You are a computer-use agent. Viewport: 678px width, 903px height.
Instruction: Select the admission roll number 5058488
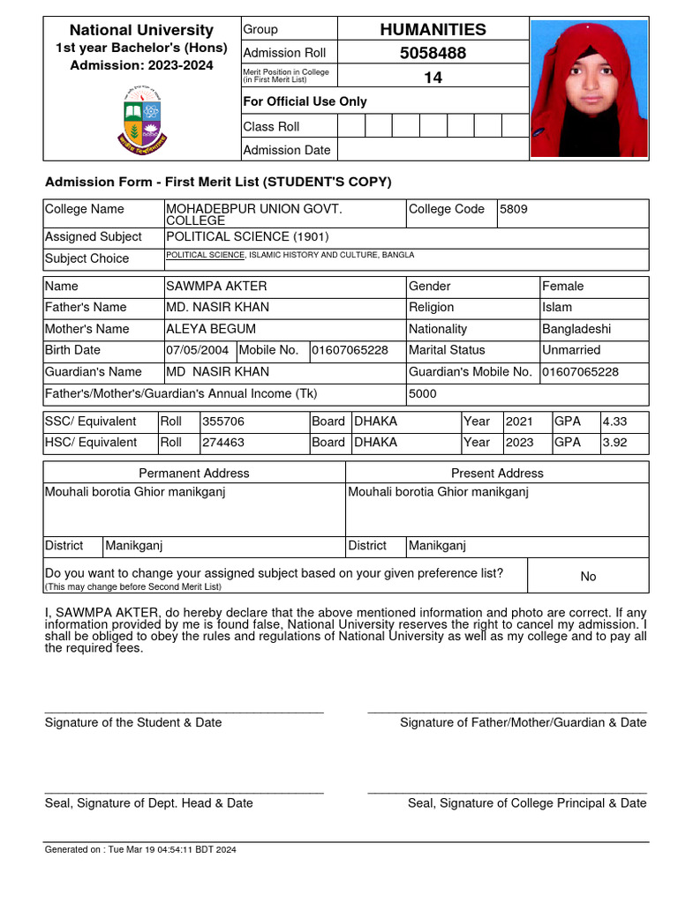pyautogui.click(x=433, y=53)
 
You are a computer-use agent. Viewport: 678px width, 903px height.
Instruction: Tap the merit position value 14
pyautogui.click(x=433, y=78)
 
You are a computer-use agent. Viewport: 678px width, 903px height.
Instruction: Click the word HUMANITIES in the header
pyautogui.click(x=433, y=29)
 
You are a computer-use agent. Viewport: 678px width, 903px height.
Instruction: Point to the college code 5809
pyautogui.click(x=514, y=209)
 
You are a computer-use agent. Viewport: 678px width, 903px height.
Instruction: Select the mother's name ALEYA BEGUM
pyautogui.click(x=211, y=329)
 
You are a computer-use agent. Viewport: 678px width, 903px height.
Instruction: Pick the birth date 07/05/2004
pyautogui.click(x=199, y=350)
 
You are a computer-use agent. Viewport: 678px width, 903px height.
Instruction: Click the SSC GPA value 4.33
pyautogui.click(x=614, y=422)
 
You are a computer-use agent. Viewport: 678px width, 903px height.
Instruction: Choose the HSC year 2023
pyautogui.click(x=519, y=443)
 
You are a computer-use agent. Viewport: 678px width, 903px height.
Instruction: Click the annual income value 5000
pyautogui.click(x=422, y=394)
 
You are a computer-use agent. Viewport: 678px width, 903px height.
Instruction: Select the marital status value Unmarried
pyautogui.click(x=571, y=350)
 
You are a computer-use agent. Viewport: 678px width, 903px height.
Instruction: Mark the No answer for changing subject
pyautogui.click(x=588, y=577)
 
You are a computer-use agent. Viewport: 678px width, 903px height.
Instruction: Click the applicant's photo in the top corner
pyautogui.click(x=589, y=89)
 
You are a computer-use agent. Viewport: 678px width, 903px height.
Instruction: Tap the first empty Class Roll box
pyautogui.click(x=351, y=126)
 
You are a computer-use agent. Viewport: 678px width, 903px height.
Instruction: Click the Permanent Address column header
pyautogui.click(x=194, y=474)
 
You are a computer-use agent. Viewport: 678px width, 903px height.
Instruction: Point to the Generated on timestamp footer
pyautogui.click(x=140, y=850)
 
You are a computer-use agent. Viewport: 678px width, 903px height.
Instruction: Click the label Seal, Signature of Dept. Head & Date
pyautogui.click(x=148, y=803)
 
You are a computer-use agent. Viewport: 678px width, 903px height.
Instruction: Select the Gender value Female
pyautogui.click(x=562, y=287)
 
